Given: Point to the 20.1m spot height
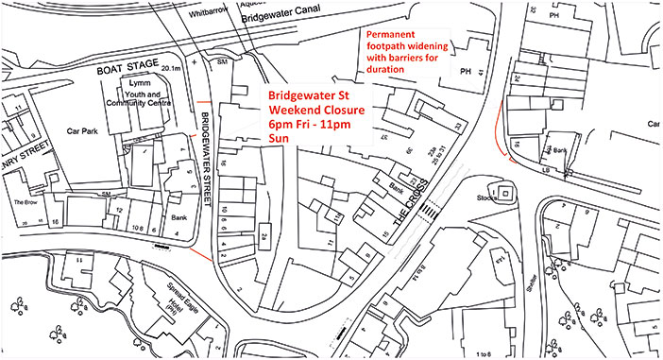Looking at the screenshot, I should coord(171,68).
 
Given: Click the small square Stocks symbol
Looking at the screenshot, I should coord(506,194).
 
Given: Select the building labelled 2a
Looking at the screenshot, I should coord(265,236).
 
